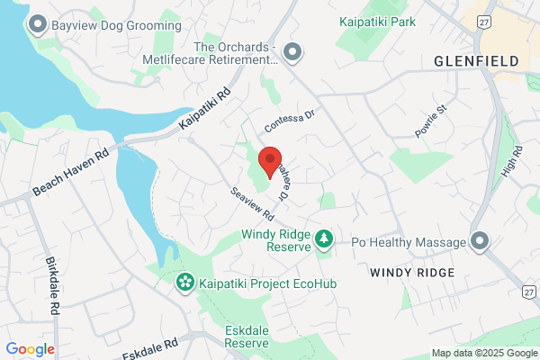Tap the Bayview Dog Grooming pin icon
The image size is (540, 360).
(38, 23)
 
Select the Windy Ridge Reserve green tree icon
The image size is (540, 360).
(323, 239)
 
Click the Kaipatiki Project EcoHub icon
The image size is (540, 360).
(184, 283)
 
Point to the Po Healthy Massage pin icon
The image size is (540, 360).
(479, 242)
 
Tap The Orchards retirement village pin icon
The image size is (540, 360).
(292, 53)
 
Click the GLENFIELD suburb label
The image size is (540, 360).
(476, 61)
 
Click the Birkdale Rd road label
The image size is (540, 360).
(52, 285)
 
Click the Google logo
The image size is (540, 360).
(30, 349)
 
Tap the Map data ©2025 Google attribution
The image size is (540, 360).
(482, 353)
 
